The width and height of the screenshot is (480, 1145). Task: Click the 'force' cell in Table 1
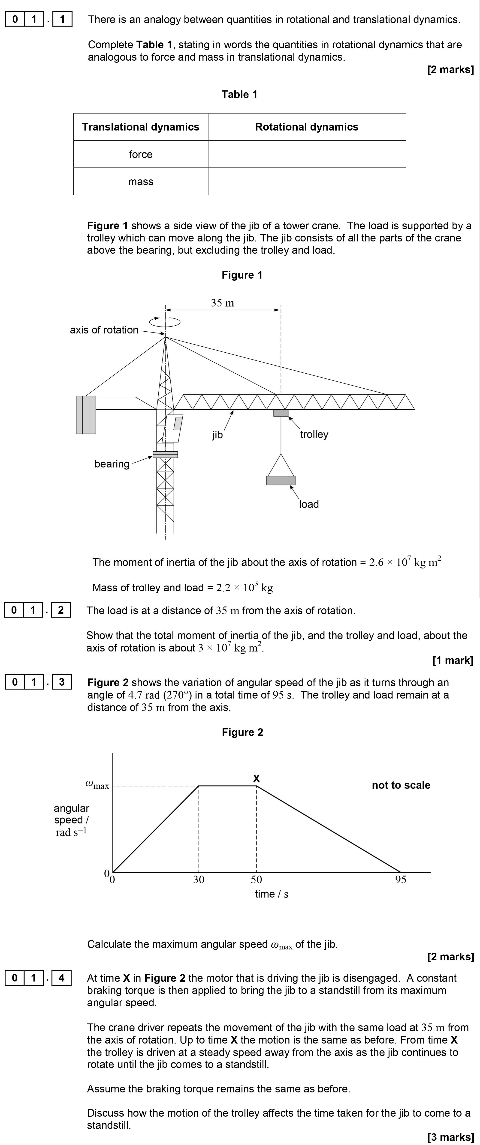pyautogui.click(x=141, y=154)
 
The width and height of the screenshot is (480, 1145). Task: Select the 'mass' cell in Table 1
pyautogui.click(x=141, y=181)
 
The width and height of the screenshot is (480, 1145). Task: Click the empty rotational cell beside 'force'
pyautogui.click(x=307, y=154)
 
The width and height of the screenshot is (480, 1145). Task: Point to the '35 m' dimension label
pyautogui.click(x=222, y=303)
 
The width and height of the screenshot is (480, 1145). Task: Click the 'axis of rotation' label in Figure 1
pyautogui.click(x=104, y=330)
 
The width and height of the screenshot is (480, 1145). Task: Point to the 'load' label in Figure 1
pyautogui.click(x=309, y=504)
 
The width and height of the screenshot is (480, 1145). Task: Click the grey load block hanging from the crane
pyautogui.click(x=281, y=480)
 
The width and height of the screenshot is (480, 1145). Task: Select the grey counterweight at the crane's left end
pyautogui.click(x=86, y=414)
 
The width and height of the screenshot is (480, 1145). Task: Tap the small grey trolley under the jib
pyautogui.click(x=281, y=413)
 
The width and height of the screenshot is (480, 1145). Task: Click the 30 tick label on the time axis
pyautogui.click(x=199, y=879)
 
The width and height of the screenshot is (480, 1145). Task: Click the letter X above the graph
pyautogui.click(x=256, y=778)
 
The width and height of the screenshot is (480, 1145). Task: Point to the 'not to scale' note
pyautogui.click(x=401, y=785)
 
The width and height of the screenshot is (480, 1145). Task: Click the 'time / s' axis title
pyautogui.click(x=271, y=894)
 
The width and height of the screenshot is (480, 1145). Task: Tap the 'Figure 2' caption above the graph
pyautogui.click(x=242, y=732)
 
